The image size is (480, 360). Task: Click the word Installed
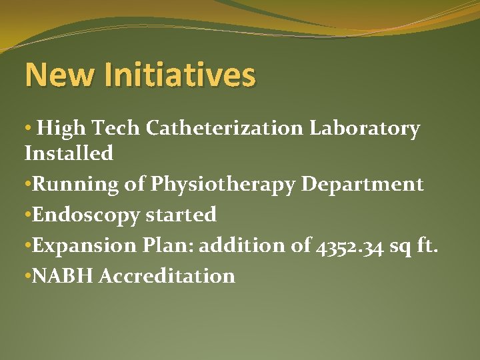(x=69, y=153)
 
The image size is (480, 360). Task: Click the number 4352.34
(x=348, y=245)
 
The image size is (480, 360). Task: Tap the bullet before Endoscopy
(x=27, y=215)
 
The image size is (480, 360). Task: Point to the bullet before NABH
(x=27, y=276)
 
